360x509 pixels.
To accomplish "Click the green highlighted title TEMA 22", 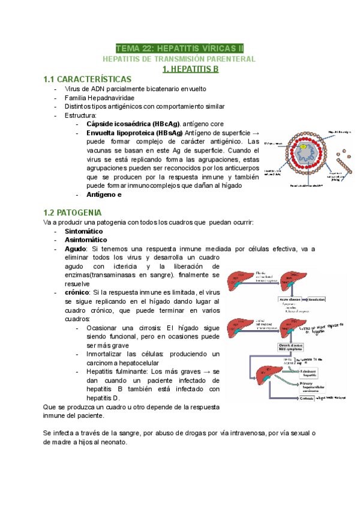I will [x=179, y=48].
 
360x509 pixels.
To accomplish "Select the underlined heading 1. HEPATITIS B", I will [x=191, y=69].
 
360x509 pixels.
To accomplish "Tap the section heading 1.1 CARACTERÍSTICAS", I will [x=88, y=79].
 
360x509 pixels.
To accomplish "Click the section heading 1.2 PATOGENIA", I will [x=73, y=212].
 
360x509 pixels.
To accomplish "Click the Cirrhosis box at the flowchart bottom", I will [x=304, y=398].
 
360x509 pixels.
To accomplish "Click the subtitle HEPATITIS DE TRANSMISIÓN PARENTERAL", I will [x=179, y=59].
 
